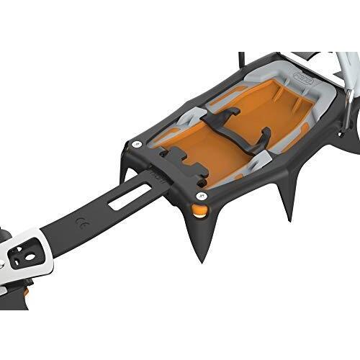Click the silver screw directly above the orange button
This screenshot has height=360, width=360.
click(202, 195)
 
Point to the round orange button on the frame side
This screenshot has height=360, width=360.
click(199, 210)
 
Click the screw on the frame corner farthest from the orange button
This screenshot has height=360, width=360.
click(136, 145)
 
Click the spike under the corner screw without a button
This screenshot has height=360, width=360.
click(125, 174)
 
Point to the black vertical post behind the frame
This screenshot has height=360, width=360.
click(242, 62)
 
